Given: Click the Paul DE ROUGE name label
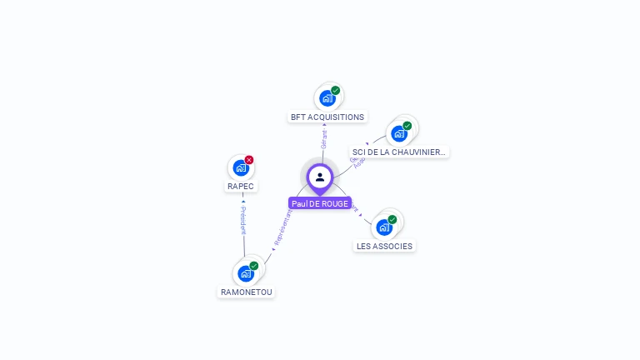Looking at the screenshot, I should tap(320, 203).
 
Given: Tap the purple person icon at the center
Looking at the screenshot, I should tap(320, 177).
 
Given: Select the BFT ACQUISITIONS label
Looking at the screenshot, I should tap(327, 117).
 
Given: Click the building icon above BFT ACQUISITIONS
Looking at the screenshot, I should tap(327, 97).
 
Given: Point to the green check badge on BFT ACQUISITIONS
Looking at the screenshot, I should tap(336, 90).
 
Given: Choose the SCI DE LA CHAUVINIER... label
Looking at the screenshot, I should tap(399, 152).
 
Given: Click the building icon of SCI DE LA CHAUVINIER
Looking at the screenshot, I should tap(399, 133).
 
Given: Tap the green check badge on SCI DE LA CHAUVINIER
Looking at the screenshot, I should tap(407, 126).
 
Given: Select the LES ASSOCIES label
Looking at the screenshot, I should tap(384, 247).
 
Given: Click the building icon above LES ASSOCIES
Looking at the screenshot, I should tap(384, 227).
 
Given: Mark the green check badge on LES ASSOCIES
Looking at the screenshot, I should tap(392, 219).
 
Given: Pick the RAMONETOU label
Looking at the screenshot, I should tap(246, 292).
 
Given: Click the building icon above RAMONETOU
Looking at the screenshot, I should tap(246, 272).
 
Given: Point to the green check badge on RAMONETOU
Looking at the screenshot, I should tap(254, 266).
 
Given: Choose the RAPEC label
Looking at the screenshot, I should tap(241, 187).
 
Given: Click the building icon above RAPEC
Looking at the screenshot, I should tap(241, 167).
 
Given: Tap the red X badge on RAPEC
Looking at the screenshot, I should tap(249, 159).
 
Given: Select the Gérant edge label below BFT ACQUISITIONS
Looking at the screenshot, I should tap(324, 138).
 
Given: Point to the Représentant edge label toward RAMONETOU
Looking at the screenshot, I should tap(282, 227).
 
